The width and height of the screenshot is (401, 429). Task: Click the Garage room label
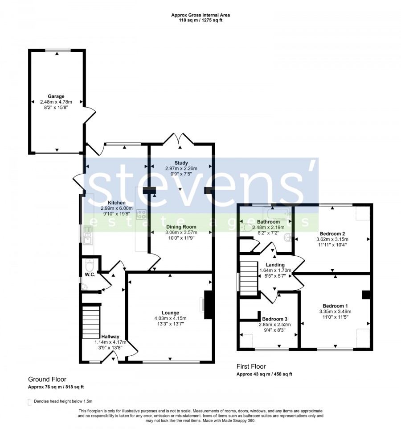(x=56, y=96)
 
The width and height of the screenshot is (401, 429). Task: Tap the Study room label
(x=181, y=163)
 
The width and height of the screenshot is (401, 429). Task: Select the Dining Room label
(x=181, y=227)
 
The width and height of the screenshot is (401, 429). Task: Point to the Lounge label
(x=171, y=313)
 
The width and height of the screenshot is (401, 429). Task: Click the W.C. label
(x=90, y=275)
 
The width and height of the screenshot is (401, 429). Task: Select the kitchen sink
(x=88, y=236)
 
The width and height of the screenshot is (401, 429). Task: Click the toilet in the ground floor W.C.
(x=89, y=265)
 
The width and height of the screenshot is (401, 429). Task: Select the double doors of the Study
(x=178, y=138)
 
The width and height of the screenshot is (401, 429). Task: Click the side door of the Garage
(x=90, y=115)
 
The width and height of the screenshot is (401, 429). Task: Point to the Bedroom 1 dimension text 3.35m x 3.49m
(x=335, y=312)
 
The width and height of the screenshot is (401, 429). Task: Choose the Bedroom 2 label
(x=332, y=233)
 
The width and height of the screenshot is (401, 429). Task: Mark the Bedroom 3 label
(x=274, y=319)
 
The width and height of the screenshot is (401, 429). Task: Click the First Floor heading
(x=251, y=367)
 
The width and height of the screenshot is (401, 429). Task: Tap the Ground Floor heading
(x=47, y=379)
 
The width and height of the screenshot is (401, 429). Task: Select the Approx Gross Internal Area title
(x=200, y=15)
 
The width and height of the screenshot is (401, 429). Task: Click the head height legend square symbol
(x=29, y=402)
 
